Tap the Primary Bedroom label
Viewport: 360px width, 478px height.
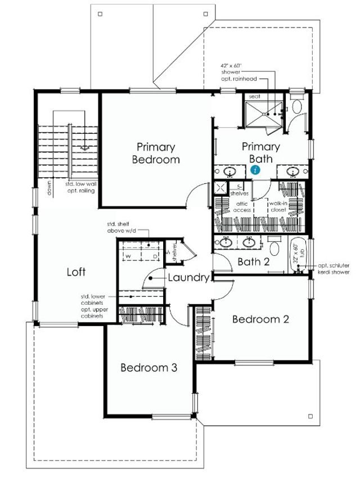[x=156, y=153]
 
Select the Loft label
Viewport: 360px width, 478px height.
[x=76, y=272]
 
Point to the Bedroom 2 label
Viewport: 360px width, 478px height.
[x=260, y=319]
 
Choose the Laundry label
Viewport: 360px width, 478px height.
[x=188, y=277]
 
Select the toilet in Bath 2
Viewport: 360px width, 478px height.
[x=276, y=246]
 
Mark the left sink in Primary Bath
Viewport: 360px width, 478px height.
[x=229, y=171]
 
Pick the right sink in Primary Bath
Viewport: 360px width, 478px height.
[x=292, y=171]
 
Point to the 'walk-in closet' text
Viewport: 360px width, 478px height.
[x=277, y=206]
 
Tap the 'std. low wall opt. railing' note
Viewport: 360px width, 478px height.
[x=79, y=187]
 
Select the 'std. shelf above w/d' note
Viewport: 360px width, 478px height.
[x=121, y=227]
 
